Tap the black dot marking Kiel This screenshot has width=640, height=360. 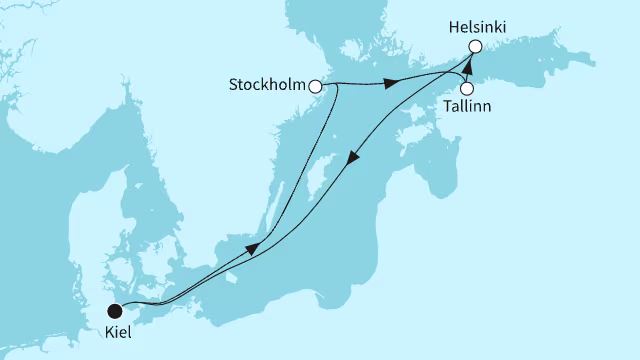(115, 309)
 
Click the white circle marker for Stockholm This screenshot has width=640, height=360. (316, 87)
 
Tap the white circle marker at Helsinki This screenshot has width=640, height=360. (475, 46)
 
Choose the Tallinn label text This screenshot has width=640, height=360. (467, 107)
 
